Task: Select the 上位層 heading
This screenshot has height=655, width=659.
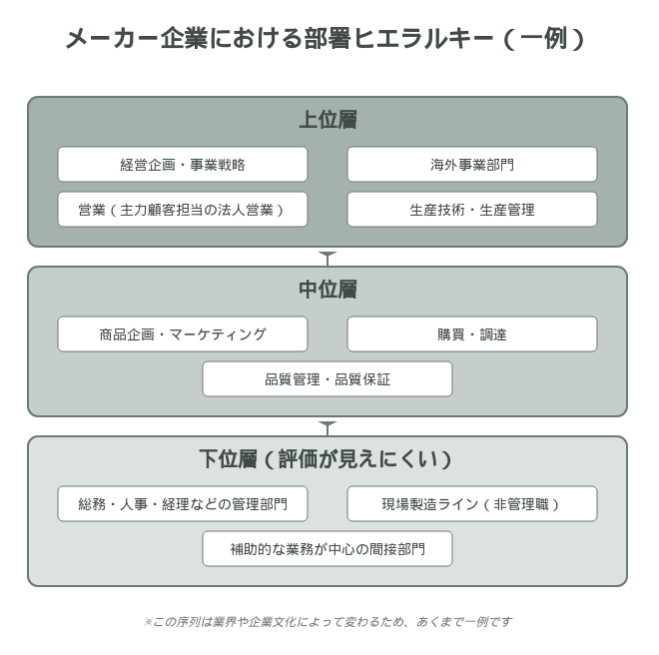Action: tap(328, 120)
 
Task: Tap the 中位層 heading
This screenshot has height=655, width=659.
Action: tap(328, 290)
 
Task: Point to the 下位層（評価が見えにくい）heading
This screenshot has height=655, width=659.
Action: tap(326, 458)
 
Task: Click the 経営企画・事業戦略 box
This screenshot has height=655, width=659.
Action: tap(183, 165)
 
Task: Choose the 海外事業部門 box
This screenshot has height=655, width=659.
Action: tap(472, 165)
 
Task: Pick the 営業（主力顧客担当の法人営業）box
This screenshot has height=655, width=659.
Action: tap(183, 210)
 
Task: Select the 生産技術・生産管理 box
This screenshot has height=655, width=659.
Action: tap(472, 210)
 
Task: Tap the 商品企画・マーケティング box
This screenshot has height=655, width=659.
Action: tap(183, 334)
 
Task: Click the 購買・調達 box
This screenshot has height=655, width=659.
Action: tap(472, 334)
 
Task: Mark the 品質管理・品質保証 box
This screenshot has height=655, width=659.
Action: tap(328, 379)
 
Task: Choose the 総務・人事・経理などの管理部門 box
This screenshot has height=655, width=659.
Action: tap(183, 503)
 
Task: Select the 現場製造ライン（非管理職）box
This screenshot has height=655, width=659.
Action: tap(472, 503)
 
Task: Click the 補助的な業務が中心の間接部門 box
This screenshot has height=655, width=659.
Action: tap(328, 548)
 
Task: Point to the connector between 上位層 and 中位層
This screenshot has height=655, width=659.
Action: tap(328, 258)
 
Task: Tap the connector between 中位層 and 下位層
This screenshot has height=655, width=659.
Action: tap(328, 427)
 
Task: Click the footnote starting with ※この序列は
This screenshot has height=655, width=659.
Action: tap(328, 621)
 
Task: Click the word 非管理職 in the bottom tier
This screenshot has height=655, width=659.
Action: tap(521, 503)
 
